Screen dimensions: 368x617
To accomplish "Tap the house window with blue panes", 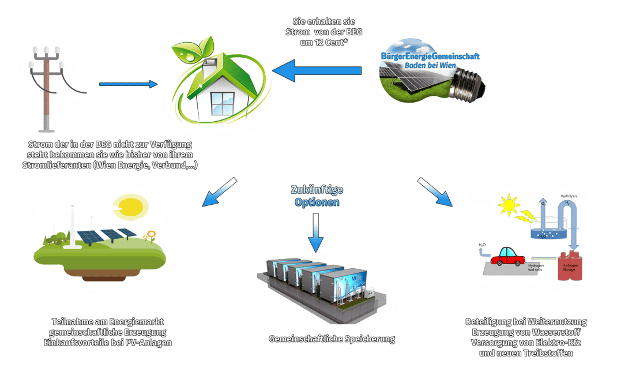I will [x=223, y=103].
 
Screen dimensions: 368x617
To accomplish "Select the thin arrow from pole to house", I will [x=127, y=84].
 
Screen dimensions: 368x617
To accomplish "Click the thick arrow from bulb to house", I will [x=317, y=71].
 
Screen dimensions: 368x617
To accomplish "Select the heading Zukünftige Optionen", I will [x=317, y=196].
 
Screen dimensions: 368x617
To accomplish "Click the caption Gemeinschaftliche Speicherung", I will [x=332, y=339].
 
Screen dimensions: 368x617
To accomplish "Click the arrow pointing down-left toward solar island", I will [x=220, y=192].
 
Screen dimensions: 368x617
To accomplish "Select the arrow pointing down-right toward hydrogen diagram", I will [x=435, y=191].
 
